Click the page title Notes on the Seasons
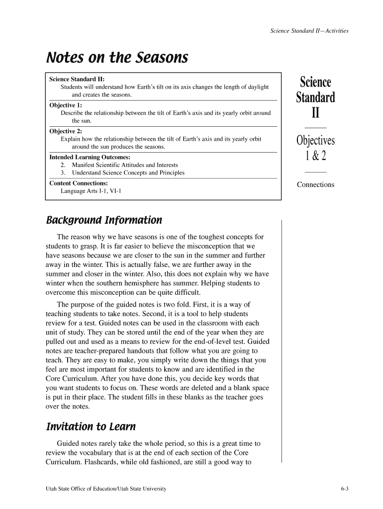point(117,59)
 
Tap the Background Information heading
point(104,220)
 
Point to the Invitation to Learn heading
point(91,426)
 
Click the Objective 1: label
point(66,105)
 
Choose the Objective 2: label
point(66,131)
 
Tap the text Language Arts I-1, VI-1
point(91,191)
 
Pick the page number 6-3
point(345,489)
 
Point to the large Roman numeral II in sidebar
point(315,114)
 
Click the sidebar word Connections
point(315,185)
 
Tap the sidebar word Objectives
point(315,141)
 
